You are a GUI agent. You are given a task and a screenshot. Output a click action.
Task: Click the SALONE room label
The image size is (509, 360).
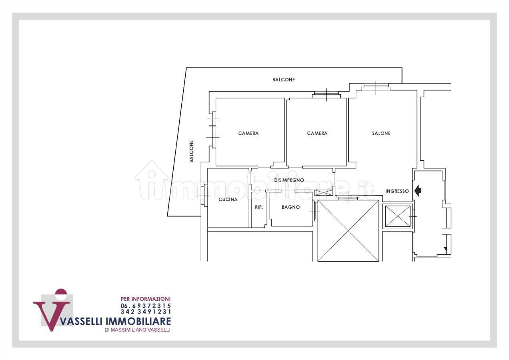tap(381, 133)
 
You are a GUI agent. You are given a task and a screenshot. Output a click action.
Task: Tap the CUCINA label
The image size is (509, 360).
tap(228, 200)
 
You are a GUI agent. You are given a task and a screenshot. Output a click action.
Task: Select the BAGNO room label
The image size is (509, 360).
tap(291, 207)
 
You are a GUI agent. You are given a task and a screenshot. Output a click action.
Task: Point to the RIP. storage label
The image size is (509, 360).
tap(259, 207)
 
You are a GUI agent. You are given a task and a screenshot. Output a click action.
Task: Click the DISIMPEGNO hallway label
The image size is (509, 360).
tap(289, 180)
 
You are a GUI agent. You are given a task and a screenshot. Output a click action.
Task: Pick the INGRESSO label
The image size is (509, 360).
tap(397, 191)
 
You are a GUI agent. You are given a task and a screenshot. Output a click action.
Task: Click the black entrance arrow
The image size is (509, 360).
tap(418, 191)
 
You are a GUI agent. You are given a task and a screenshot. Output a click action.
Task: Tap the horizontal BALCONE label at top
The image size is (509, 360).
tap(284, 80)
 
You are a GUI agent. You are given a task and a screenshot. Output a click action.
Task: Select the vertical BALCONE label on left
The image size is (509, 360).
tap(192, 151)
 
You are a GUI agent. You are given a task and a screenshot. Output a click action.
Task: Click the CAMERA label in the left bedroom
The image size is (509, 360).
tap(248, 133)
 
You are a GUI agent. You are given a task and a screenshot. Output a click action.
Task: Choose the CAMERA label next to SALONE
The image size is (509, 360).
tap(317, 133)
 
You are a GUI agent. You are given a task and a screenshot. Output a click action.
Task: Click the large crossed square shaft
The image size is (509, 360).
tap(348, 230)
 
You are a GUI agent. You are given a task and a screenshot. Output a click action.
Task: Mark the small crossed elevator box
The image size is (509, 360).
tap(398, 216)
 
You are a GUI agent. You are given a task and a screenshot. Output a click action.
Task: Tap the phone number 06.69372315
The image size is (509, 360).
tap(146, 306)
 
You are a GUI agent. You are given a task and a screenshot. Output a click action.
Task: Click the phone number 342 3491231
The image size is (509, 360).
tap(146, 311)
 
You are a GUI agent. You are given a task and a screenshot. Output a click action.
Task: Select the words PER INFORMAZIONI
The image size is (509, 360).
tap(146, 299)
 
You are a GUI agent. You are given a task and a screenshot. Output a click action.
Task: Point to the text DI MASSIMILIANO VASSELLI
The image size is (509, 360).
tap(138, 330)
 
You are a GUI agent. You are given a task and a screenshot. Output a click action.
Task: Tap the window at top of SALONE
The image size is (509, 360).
tap(376, 87)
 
